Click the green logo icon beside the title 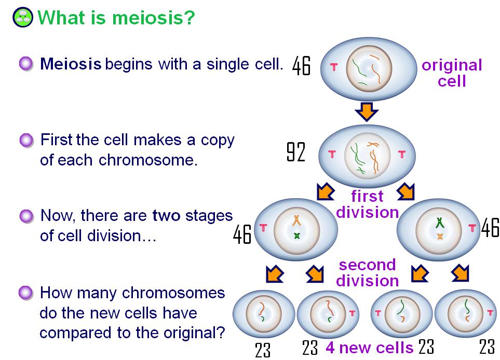tap(23, 17)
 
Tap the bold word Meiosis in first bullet tap(71, 64)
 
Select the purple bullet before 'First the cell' tap(26, 140)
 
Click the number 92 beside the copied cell tap(296, 152)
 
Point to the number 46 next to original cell tap(301, 66)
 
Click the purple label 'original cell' tap(452, 73)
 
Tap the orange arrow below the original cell tap(367, 112)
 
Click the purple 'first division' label tap(368, 204)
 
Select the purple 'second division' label tap(368, 273)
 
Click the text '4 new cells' tap(369, 348)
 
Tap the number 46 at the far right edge tap(490, 228)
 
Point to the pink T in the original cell tap(334, 67)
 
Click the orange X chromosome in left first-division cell tap(297, 220)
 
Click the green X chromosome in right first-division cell tap(440, 223)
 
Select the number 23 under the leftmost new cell tap(263, 350)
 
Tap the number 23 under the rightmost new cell tap(487, 347)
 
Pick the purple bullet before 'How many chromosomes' tap(26, 293)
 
